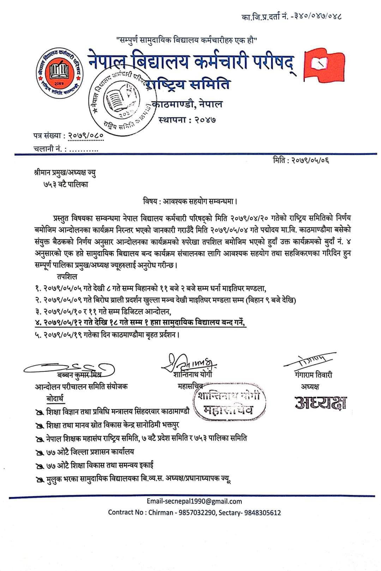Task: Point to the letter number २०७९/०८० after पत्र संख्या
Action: (86, 136)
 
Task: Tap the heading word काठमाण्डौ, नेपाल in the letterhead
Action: (187, 104)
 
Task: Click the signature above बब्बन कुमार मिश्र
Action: (69, 367)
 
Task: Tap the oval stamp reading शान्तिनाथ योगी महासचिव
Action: (230, 402)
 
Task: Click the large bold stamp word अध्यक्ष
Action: (321, 402)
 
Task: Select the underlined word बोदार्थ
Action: (55, 399)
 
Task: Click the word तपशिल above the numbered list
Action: (66, 277)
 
